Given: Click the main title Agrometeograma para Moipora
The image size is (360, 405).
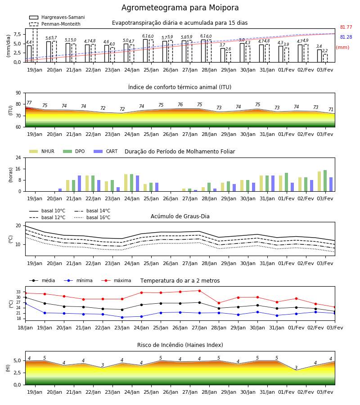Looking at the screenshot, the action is point(180,8).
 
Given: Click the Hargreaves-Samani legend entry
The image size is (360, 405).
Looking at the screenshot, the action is point(57,17).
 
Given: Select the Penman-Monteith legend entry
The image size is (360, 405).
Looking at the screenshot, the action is point(55,24).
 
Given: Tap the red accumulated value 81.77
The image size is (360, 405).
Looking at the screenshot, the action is point(346,27).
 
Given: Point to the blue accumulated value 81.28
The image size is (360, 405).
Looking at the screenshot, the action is point(346,37).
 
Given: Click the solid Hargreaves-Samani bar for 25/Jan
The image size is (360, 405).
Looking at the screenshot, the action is point(145,50).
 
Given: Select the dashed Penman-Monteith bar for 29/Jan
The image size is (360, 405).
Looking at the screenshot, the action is point(229,57).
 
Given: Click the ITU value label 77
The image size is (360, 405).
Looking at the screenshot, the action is point(29,103).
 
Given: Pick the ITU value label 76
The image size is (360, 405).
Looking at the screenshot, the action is point(180,104).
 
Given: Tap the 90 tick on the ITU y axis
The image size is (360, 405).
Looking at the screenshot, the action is point(18,93).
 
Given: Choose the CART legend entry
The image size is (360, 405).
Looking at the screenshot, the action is point(106,151).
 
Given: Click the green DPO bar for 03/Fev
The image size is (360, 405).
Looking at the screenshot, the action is point(325,181).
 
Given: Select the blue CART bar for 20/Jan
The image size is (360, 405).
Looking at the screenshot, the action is point(60,190).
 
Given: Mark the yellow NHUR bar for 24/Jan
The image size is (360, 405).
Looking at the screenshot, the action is point(126,183).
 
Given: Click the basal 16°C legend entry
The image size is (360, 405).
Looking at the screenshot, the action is point(92,217).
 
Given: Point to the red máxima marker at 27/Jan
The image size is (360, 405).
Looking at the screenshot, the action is point(200,291).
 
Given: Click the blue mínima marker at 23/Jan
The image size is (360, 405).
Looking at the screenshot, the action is point(122,317).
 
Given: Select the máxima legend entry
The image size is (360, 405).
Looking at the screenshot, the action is point(116,280).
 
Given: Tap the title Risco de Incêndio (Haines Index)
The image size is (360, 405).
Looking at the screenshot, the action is point(180,345).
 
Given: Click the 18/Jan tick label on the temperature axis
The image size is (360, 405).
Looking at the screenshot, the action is point(25,328).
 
